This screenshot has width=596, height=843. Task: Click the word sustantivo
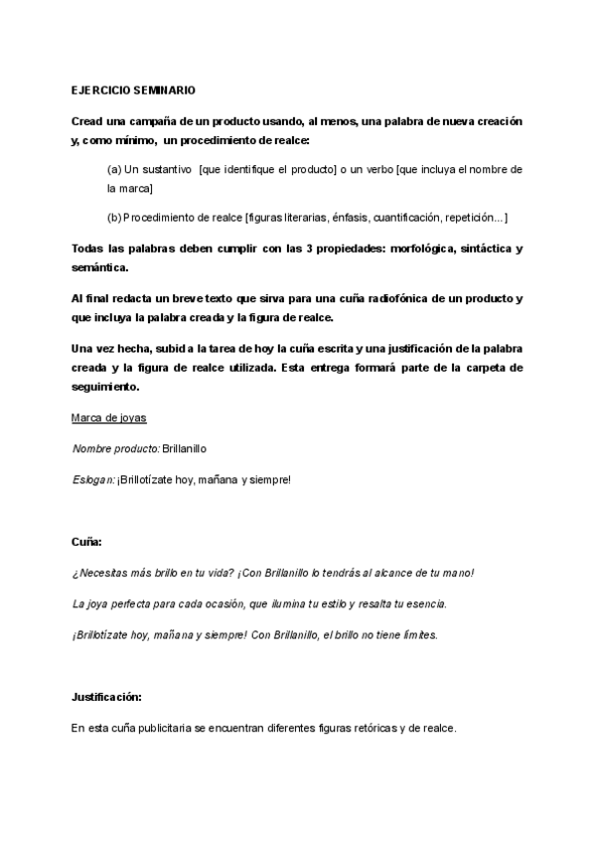[x=168, y=170]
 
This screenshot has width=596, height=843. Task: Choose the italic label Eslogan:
[x=92, y=481]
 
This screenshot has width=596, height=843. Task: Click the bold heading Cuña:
[x=86, y=542]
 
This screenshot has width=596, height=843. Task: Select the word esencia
[x=426, y=603]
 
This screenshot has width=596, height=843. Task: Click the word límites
[x=415, y=634]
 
